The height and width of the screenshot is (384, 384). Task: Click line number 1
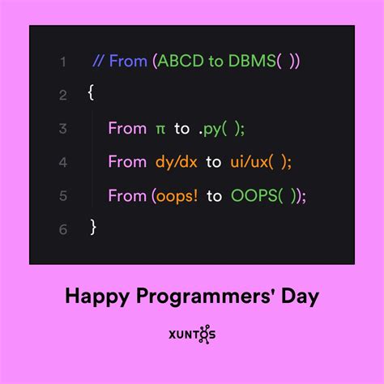click(x=62, y=62)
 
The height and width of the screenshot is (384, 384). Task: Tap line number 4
click(x=62, y=162)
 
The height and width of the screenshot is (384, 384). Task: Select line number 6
click(x=62, y=228)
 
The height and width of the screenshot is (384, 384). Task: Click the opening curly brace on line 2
click(x=91, y=95)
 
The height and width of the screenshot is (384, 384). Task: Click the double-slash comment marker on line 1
click(x=100, y=62)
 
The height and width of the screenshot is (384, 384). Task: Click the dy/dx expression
click(x=177, y=162)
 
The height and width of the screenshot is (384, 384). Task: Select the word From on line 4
click(x=127, y=162)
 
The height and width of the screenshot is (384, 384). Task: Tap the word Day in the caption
click(x=297, y=297)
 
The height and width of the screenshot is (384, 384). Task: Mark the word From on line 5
click(x=127, y=195)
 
